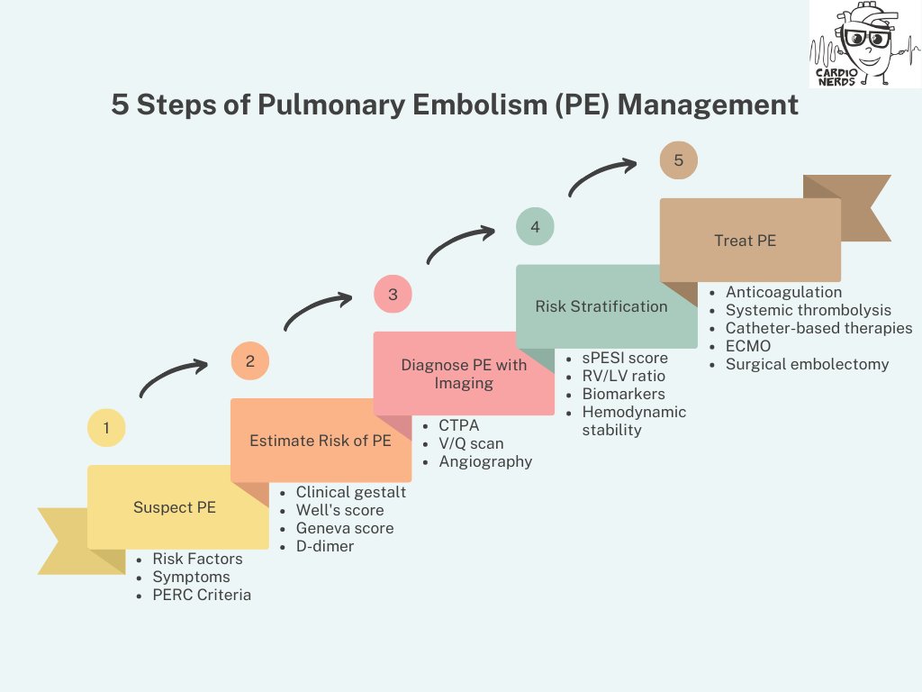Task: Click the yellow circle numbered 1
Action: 106,428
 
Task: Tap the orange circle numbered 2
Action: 249,361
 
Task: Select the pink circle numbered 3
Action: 393,294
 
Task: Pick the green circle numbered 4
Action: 535,226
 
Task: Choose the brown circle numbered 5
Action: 678,160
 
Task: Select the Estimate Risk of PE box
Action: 321,441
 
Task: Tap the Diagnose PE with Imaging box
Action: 464,373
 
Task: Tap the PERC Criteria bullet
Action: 202,595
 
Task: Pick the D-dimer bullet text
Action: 325,546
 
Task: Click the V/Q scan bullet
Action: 471,443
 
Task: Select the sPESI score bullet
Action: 625,358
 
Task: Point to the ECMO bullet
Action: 747,346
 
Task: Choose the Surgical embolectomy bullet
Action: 807,364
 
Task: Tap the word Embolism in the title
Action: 475,105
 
